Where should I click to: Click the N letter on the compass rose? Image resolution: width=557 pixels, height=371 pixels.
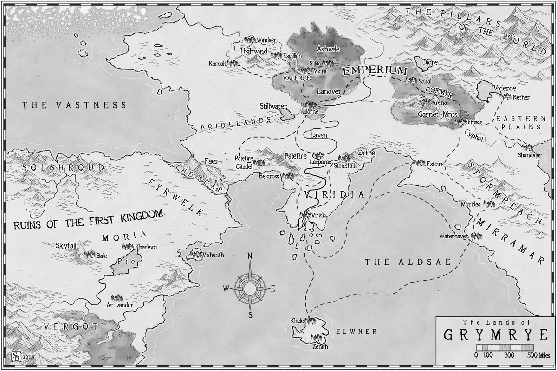pos(250,256)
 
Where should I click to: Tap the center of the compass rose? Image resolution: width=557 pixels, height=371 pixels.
pos(250,288)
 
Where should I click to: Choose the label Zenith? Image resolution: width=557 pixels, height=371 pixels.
pos(320,346)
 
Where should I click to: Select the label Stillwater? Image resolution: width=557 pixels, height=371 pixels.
pos(273,106)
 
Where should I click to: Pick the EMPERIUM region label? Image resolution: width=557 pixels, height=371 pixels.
pos(374,71)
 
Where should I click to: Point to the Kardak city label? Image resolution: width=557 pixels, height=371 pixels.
pos(216,63)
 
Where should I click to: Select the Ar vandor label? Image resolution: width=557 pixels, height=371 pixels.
pos(116,307)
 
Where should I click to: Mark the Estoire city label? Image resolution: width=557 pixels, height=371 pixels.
pos(436,164)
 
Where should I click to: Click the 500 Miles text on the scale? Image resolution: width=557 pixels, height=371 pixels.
pos(538,355)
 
